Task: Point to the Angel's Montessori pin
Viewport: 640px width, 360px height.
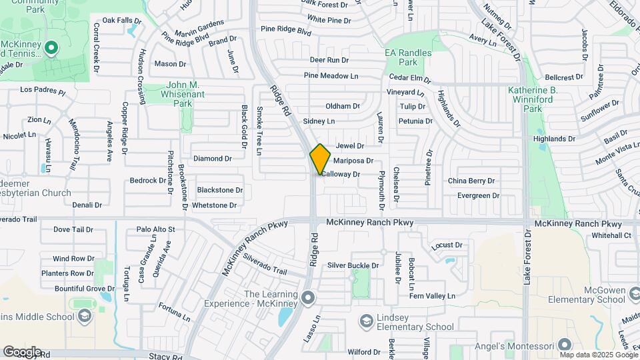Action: tap(565, 345)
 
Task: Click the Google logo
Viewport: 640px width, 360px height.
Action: tap(22, 352)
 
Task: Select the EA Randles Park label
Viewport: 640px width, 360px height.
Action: tap(408, 57)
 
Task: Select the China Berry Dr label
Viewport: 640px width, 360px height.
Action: tap(471, 181)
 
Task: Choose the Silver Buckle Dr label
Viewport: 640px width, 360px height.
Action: tap(353, 265)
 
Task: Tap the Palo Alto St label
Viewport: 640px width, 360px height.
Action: tap(155, 229)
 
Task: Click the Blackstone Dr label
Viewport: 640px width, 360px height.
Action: tap(220, 190)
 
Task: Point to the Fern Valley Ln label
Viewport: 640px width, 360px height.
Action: tap(431, 295)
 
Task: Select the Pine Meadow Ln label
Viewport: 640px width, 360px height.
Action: tap(331, 75)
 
